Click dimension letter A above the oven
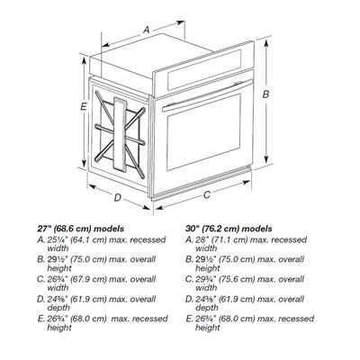point(146,30)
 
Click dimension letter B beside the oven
point(265,94)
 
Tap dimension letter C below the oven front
point(207,194)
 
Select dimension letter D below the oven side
point(118,197)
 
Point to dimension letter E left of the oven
point(84,106)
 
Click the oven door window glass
point(204,131)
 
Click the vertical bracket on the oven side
point(120,133)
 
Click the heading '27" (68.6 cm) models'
point(80,229)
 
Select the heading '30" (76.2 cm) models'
point(229,229)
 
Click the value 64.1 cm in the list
point(89,240)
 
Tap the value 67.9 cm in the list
point(89,279)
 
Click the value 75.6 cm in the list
point(237,279)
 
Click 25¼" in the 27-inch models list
point(58,240)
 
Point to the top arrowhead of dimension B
point(265,43)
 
